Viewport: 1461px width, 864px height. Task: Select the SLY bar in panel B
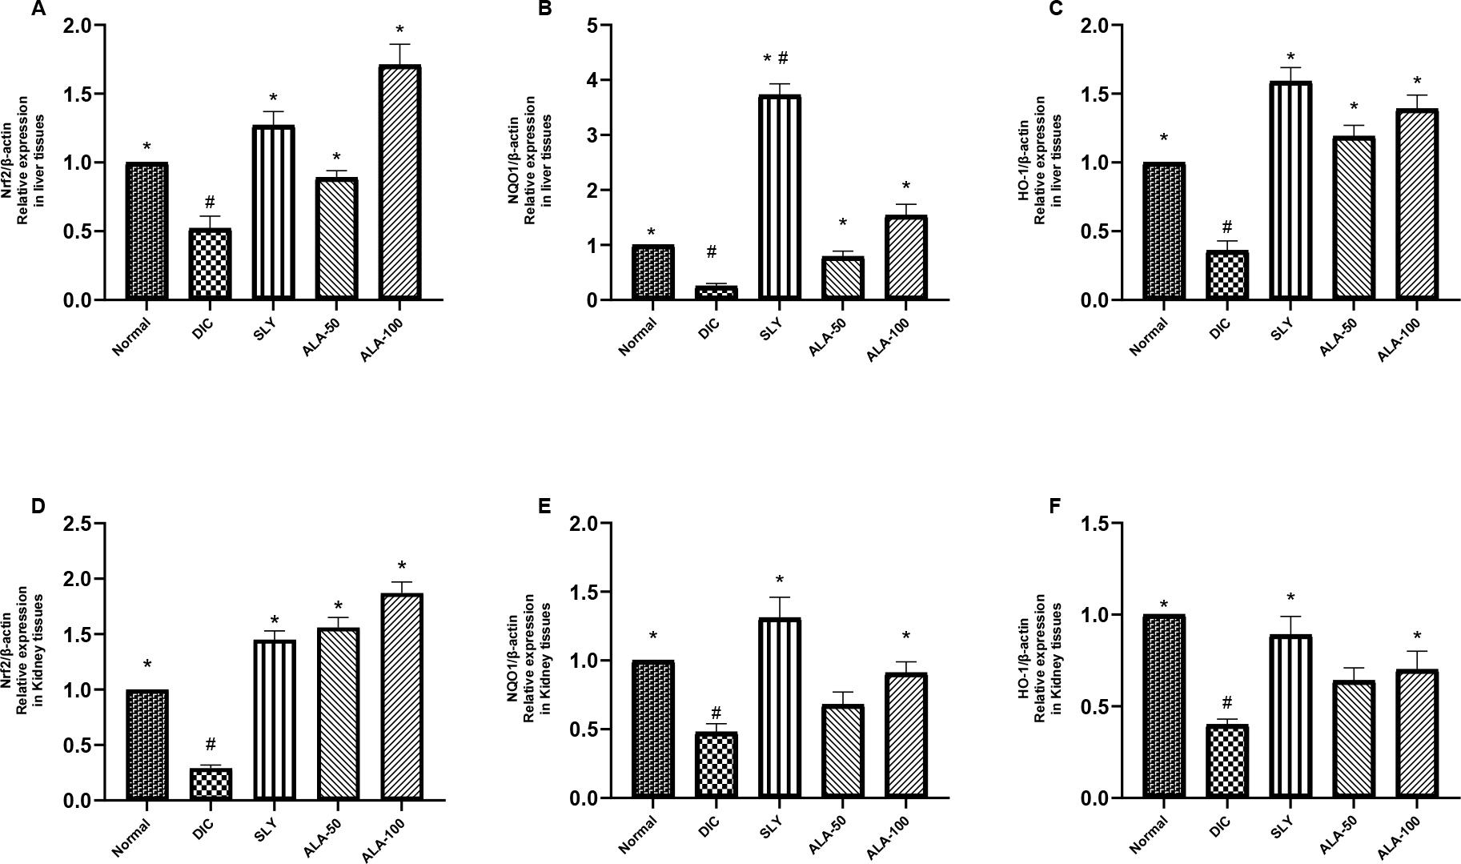point(780,198)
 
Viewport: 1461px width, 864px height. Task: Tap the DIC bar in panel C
point(1227,275)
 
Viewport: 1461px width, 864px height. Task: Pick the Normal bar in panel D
point(147,745)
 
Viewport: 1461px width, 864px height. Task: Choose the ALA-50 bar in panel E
point(842,751)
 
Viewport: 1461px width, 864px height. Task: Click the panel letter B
point(545,10)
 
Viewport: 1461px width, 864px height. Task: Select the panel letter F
point(1054,507)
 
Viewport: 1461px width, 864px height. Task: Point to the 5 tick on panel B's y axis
point(593,26)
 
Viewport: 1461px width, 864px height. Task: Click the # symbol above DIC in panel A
point(210,202)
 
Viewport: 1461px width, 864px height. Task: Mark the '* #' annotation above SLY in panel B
point(776,59)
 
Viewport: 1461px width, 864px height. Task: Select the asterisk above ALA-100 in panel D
point(402,566)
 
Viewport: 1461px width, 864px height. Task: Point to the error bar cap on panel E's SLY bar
point(780,597)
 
